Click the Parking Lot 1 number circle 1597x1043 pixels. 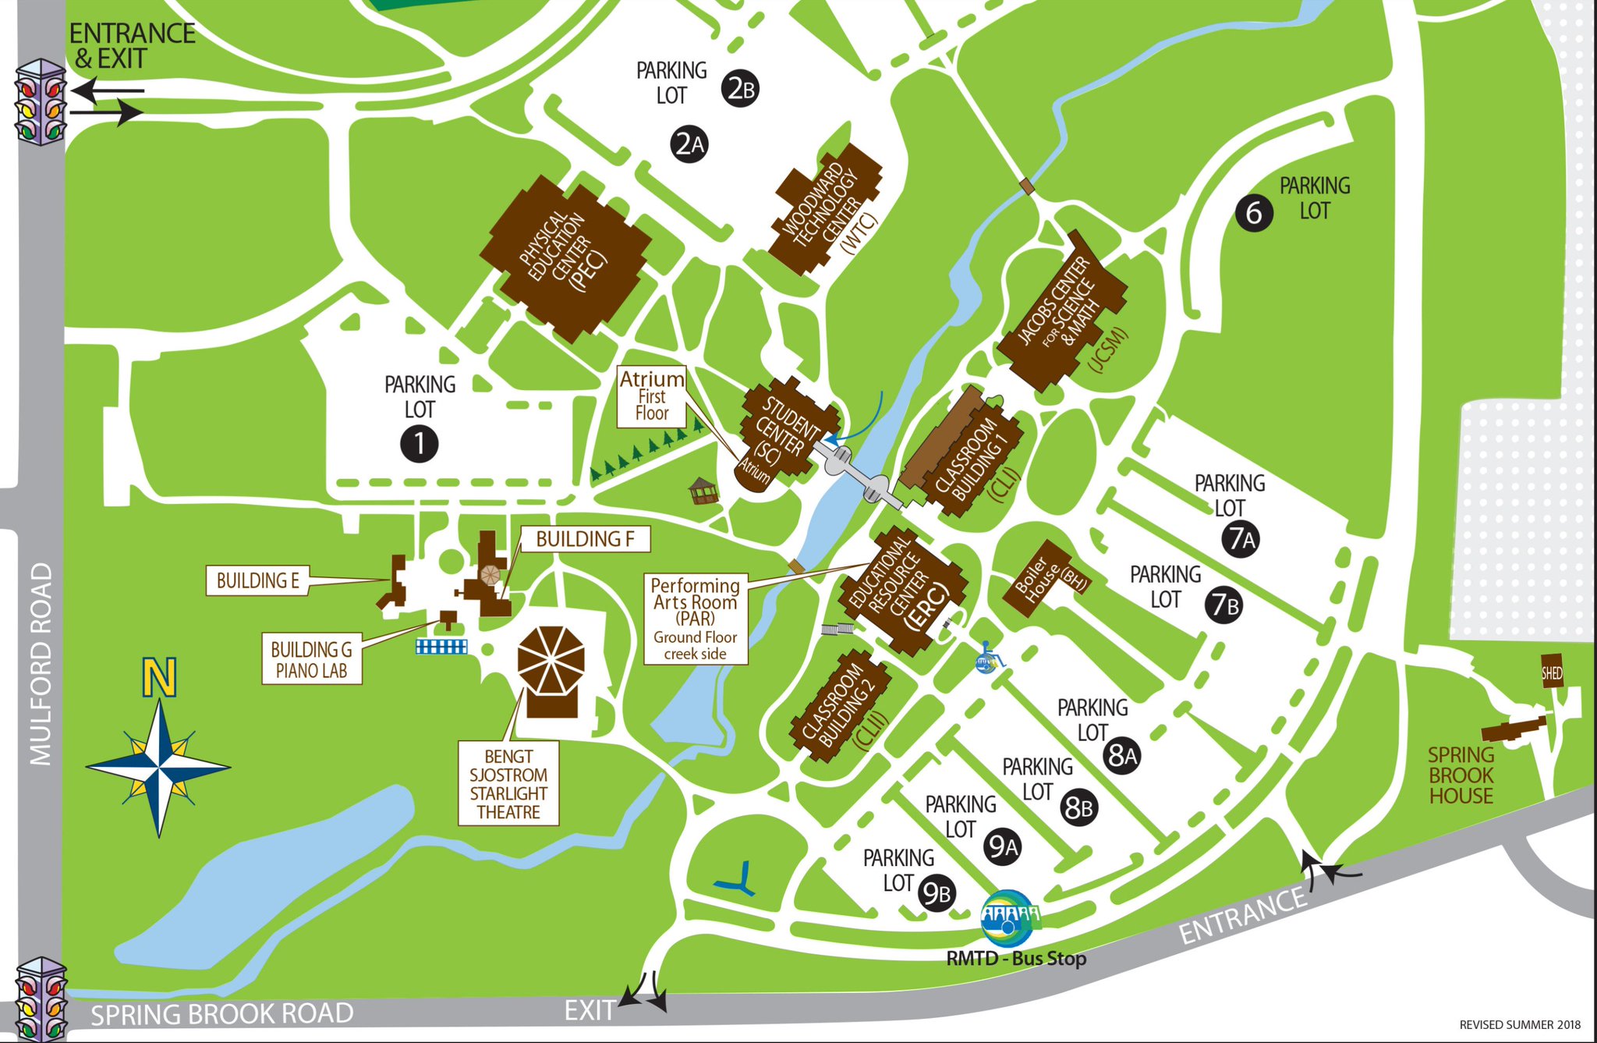pos(419,444)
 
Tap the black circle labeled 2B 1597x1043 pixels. pos(739,88)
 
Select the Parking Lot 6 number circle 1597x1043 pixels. pos(1254,212)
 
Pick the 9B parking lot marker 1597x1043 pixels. pos(937,894)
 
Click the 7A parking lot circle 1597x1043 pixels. pos(1241,539)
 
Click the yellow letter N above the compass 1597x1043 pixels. pos(160,677)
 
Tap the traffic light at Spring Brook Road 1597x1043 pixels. pos(41,999)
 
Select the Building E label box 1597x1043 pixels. pos(257,581)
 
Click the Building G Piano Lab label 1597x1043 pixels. pos(311,660)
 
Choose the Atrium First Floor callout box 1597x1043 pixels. pos(652,396)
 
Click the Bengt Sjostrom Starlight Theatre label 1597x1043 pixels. pos(508,784)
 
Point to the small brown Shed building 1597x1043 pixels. pos(1551,672)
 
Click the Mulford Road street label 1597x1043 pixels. pos(41,663)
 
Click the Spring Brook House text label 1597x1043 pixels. pos(1461,775)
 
